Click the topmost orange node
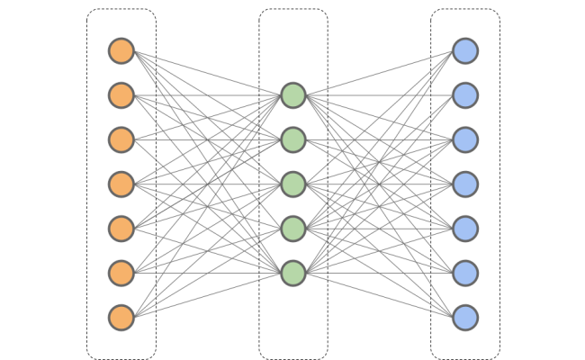121,50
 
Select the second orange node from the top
121,95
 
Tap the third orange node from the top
121,139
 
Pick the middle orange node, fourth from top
121,184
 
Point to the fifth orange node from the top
121,229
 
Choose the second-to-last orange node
121,273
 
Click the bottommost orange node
121,318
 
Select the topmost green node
293,95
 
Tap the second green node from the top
293,139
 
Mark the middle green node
293,184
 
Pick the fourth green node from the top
293,229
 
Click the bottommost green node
293,273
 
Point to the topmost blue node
465,50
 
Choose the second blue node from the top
465,95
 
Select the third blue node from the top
465,139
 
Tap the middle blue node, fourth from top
465,184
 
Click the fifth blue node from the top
465,229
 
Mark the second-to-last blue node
465,273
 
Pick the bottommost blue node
465,318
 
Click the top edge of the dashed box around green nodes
293,10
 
